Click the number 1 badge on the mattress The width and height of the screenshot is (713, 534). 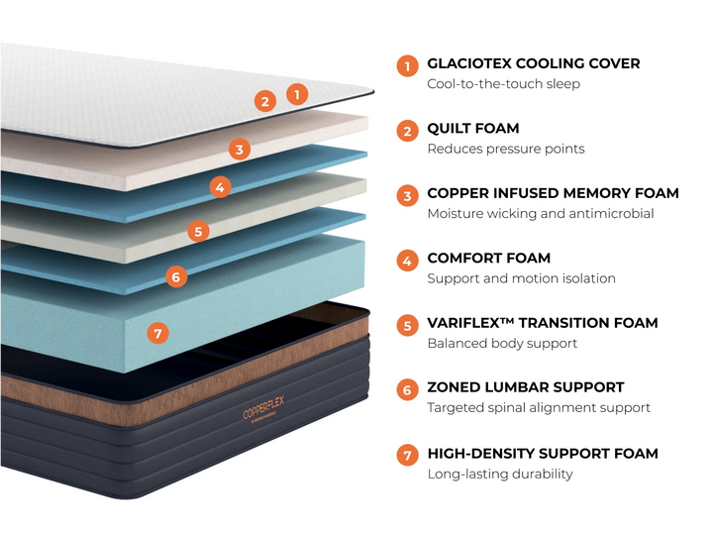(296, 94)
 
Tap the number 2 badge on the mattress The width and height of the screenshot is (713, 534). (264, 100)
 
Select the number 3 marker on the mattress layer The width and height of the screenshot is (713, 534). (239, 150)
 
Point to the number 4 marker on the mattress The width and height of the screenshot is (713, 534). (221, 186)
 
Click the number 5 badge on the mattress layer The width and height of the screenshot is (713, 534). (198, 232)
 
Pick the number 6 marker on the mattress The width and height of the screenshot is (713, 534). (175, 276)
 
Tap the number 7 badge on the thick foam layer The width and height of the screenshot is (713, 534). (156, 333)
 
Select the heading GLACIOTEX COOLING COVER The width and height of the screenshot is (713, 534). (533, 63)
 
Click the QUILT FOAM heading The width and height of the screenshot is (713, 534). (472, 129)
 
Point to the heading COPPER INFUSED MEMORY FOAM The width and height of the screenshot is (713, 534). (553, 193)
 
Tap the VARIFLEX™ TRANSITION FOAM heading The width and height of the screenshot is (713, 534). (542, 323)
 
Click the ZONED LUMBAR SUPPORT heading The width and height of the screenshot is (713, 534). (525, 387)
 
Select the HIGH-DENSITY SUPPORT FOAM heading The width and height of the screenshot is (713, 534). (542, 454)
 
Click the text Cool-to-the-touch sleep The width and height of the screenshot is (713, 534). (503, 84)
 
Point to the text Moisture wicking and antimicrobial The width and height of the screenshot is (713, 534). (540, 214)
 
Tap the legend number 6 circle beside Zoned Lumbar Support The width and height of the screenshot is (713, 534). (406, 390)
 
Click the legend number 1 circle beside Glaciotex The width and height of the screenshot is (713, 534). (406, 66)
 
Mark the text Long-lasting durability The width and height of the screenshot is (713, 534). (499, 475)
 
